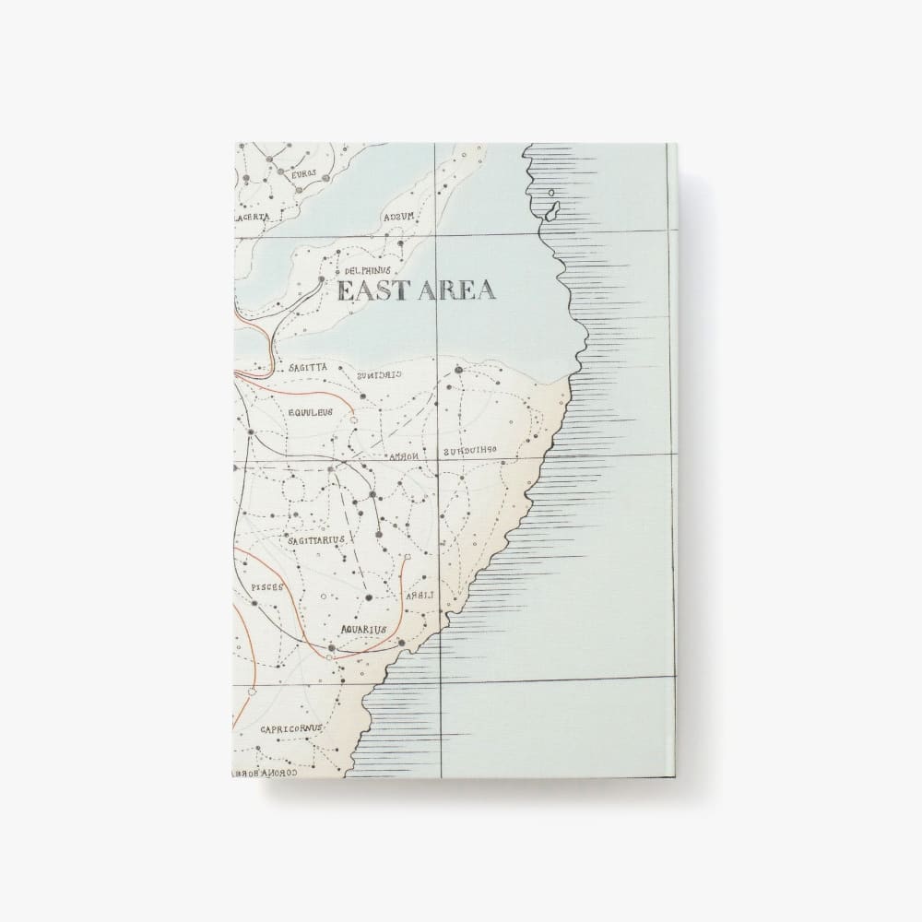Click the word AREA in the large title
coord(459,290)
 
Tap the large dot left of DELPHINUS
coord(320,278)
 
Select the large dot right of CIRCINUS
coord(458,371)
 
